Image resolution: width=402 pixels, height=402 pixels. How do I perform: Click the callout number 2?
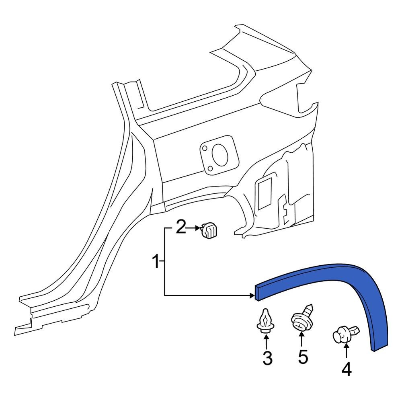click(180, 228)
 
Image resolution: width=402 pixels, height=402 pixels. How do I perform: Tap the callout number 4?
click(346, 369)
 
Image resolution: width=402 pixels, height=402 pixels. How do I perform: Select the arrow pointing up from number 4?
click(346, 351)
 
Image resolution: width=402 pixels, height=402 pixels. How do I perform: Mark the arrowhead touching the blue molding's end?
click(251, 296)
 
